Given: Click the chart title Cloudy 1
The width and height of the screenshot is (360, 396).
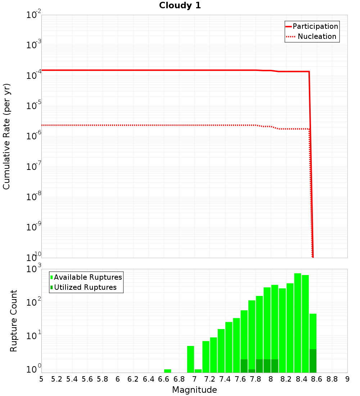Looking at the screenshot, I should (180, 5).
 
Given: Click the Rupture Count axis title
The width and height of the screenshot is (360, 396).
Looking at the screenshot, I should (14, 321).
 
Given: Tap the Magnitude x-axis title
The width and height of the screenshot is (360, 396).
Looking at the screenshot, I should (194, 390).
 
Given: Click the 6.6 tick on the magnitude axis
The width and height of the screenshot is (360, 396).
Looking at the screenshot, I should (164, 379).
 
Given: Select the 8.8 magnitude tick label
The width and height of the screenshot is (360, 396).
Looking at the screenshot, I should (332, 379).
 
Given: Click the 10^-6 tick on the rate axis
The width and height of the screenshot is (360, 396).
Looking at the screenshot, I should (34, 135).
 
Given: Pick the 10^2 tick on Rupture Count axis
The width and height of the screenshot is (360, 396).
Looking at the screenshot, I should (34, 302).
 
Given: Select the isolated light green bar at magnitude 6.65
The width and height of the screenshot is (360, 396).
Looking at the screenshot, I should (167, 371).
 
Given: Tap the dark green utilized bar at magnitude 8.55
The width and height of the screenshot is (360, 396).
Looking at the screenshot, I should (313, 361).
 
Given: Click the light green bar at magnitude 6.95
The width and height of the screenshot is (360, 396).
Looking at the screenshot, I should (190, 359).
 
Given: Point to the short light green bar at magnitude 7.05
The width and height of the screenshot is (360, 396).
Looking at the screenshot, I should (198, 371).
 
